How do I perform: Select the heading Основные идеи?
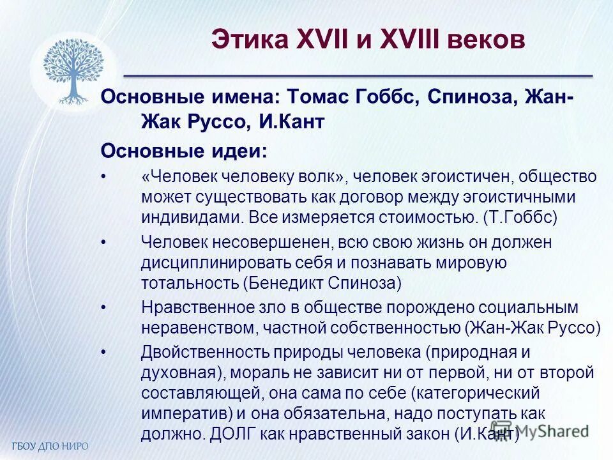coord(184,151)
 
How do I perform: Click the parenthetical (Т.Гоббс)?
coord(520,216)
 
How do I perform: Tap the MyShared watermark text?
coord(552,431)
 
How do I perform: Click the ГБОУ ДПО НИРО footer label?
coord(50,445)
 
